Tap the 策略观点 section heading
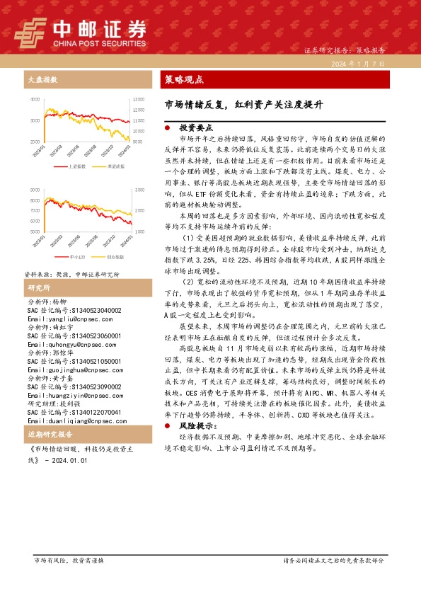[184, 79]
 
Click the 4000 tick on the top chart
[35, 100]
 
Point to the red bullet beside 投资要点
[166, 127]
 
